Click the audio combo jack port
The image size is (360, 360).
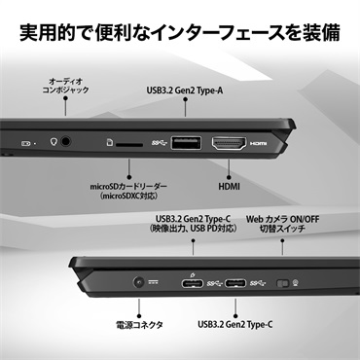67,139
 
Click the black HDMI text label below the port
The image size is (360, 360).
229,182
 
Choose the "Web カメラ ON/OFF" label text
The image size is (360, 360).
284,220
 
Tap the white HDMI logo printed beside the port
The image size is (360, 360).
257,141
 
